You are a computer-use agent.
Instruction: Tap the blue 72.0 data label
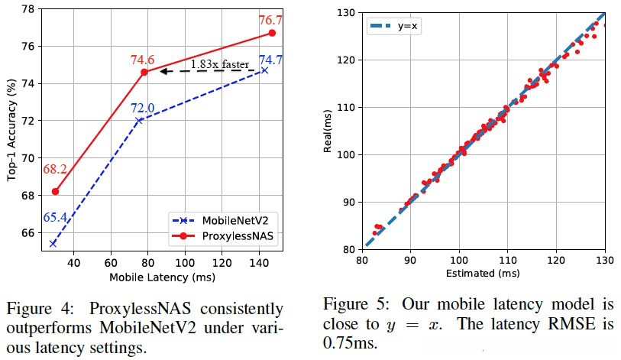pos(141,107)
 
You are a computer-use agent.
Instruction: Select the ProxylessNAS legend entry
pos(238,237)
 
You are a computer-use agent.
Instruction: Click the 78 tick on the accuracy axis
pos(28,9)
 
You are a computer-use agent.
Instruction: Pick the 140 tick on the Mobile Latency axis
pos(259,262)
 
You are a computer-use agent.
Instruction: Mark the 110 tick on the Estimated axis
pos(507,261)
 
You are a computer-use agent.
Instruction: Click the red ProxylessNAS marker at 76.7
pos(272,33)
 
